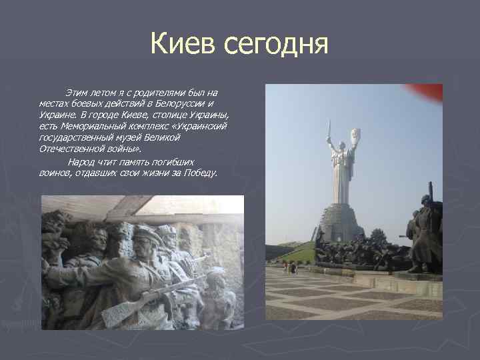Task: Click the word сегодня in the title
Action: pos(276,45)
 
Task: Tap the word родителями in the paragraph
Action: pos(149,92)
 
